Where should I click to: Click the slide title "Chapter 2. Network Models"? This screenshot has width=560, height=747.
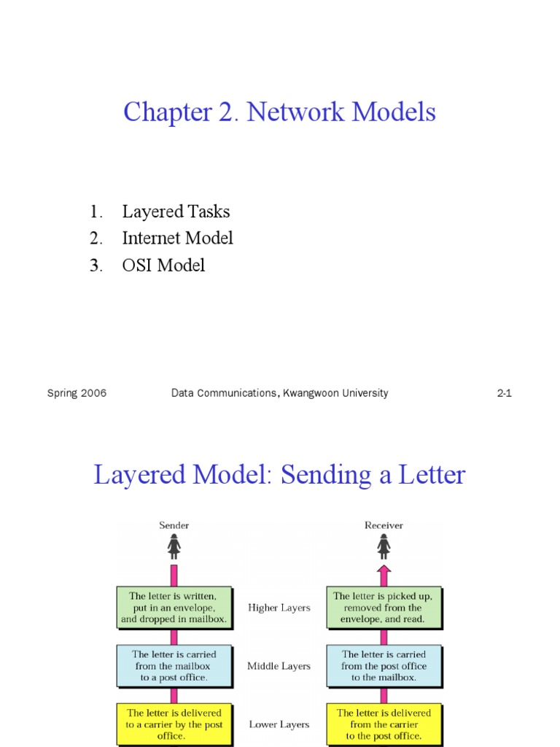click(279, 112)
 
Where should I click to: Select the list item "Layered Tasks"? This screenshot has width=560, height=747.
click(176, 212)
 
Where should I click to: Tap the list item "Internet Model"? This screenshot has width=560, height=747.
click(177, 238)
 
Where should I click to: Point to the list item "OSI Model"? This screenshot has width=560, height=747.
click(163, 265)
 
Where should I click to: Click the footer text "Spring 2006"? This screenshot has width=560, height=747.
click(77, 393)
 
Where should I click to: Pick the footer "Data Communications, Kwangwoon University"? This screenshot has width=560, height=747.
click(279, 393)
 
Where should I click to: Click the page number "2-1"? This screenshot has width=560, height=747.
click(505, 393)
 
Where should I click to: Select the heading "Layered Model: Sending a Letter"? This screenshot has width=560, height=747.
click(279, 476)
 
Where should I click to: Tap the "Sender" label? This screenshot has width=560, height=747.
click(174, 525)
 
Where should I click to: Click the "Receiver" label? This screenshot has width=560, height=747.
click(384, 525)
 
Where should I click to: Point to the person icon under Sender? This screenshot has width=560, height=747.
click(174, 546)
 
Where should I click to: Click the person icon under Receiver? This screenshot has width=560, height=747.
click(384, 546)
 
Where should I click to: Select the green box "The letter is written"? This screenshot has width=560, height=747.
click(174, 608)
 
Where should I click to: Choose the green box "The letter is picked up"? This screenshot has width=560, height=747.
click(384, 608)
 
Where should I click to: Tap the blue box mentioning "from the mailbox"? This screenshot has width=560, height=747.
click(174, 666)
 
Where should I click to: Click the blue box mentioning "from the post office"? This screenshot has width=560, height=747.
click(384, 666)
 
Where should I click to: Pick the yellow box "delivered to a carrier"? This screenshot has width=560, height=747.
click(174, 724)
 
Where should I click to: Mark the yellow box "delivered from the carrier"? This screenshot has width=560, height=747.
click(384, 724)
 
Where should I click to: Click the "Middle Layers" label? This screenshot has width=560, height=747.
click(279, 666)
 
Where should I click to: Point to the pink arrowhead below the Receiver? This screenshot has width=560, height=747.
click(384, 570)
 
